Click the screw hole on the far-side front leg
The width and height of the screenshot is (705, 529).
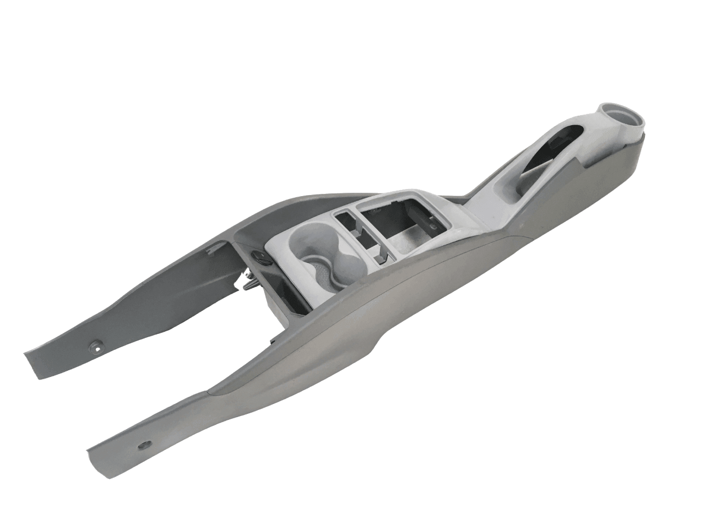(97, 347)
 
